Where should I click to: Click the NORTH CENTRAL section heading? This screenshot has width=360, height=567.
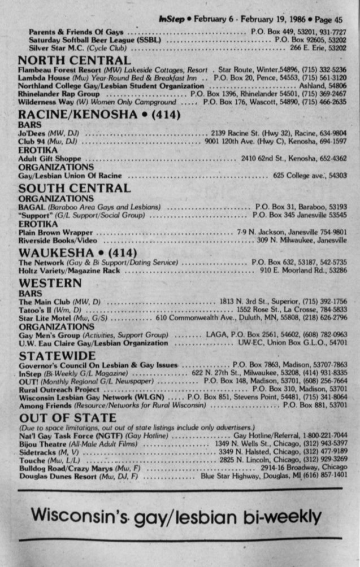[x=75, y=60]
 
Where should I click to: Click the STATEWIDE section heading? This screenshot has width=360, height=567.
[x=57, y=356]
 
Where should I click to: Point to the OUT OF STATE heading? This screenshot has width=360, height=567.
[x=67, y=418]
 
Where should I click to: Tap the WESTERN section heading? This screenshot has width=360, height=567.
[x=50, y=283]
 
